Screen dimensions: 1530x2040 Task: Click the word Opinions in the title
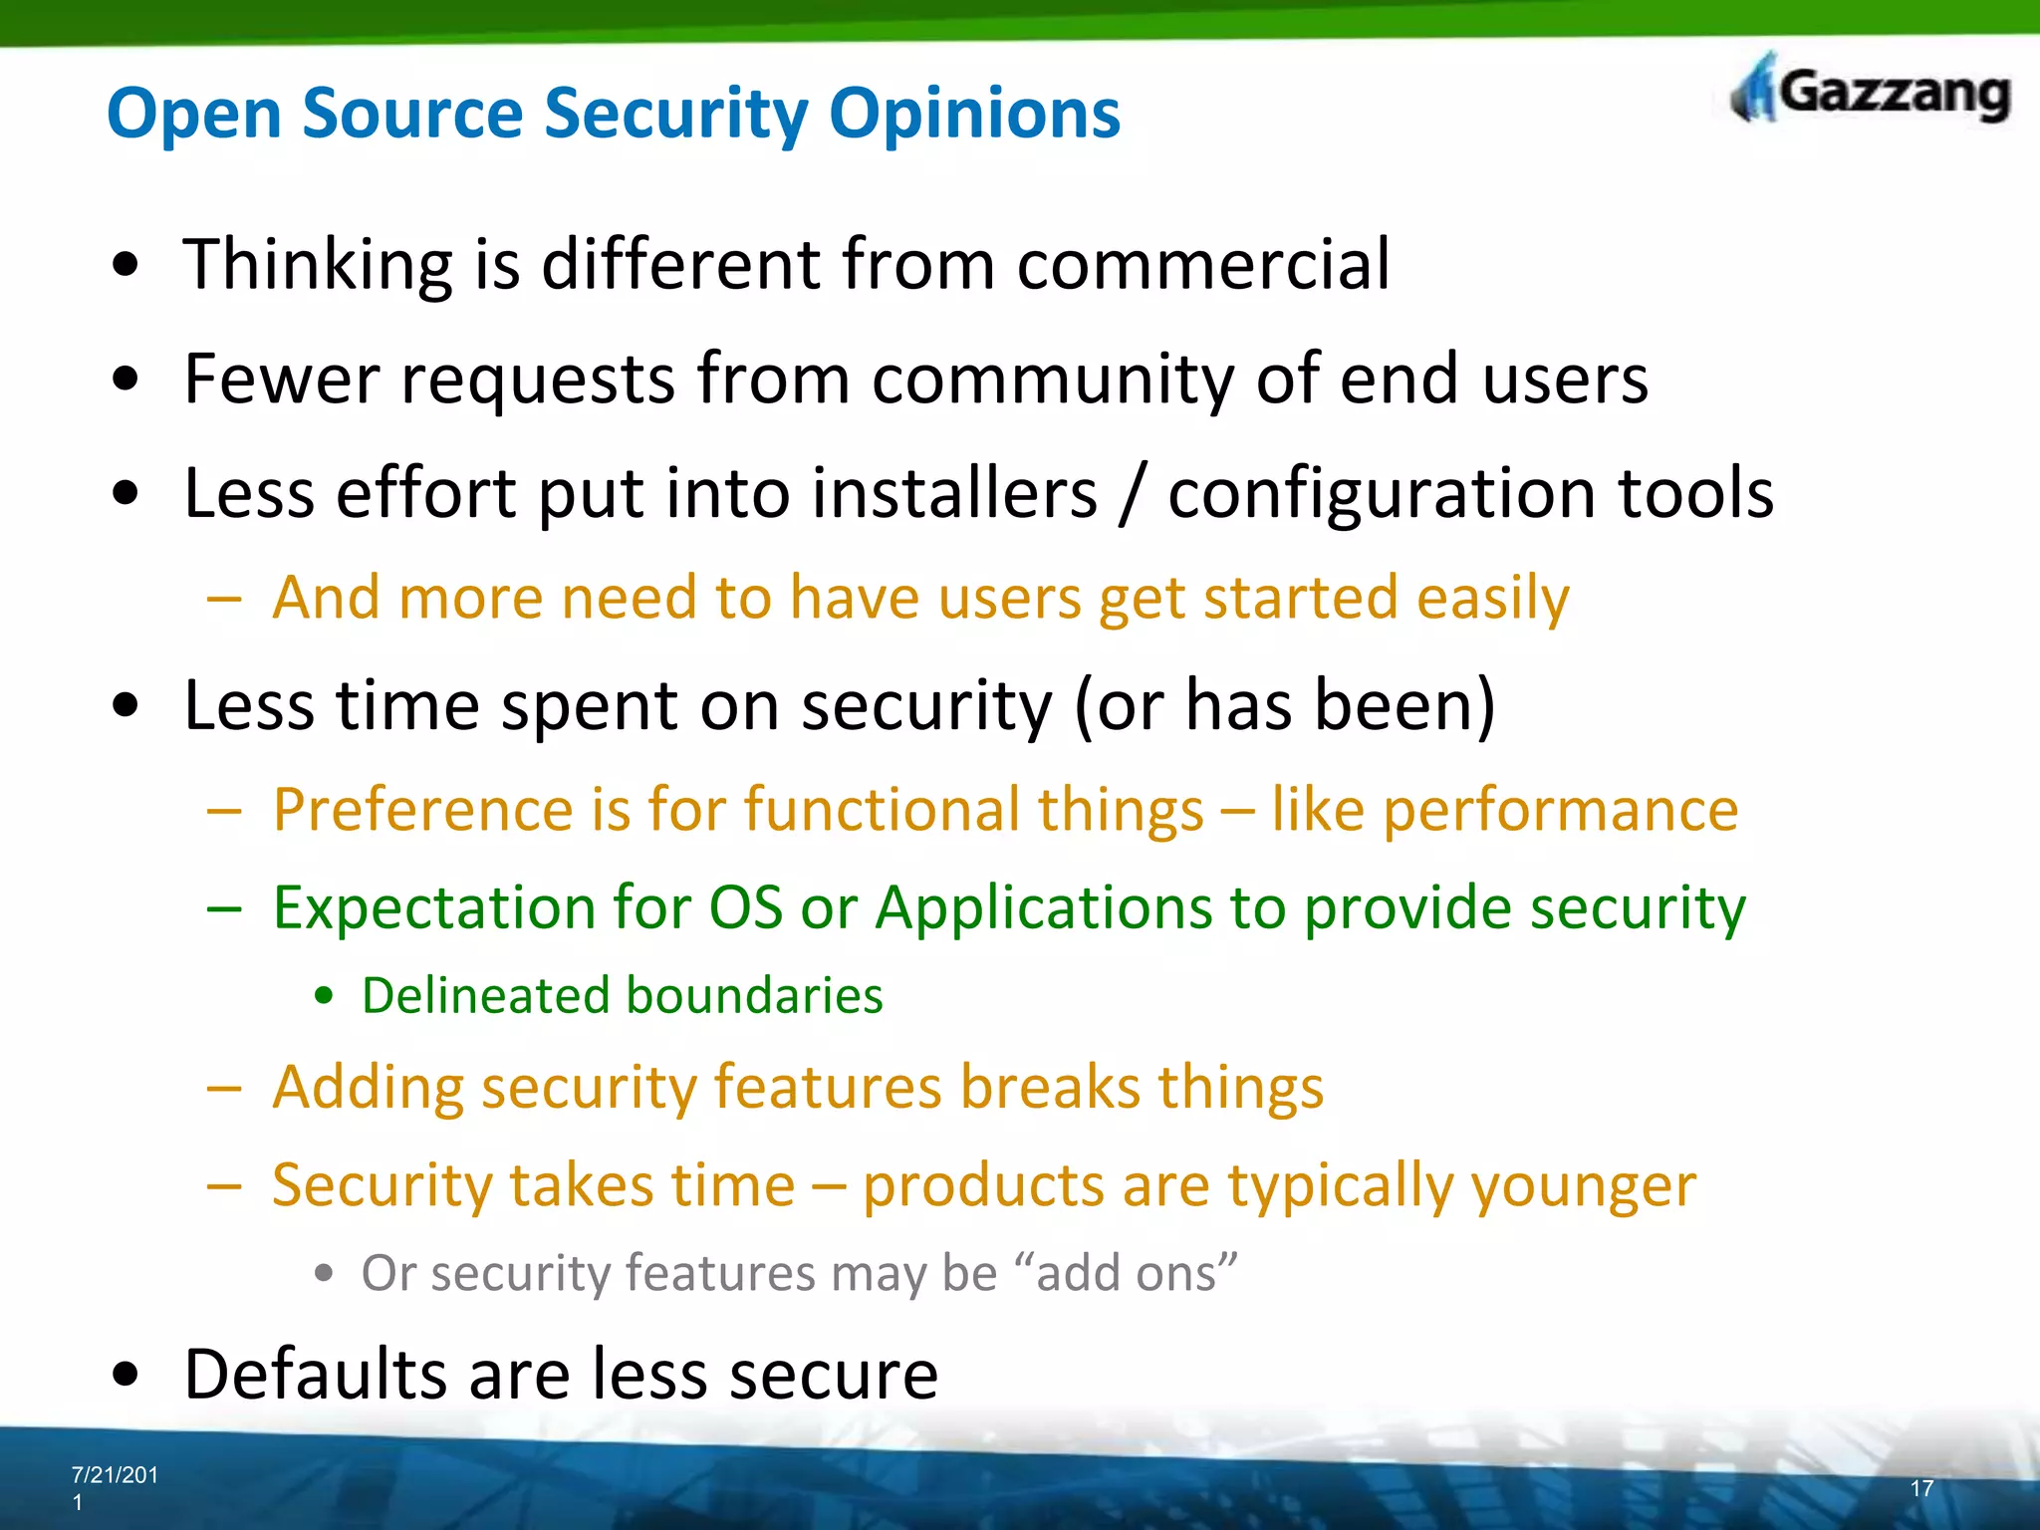(974, 114)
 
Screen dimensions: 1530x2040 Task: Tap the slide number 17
(1921, 1488)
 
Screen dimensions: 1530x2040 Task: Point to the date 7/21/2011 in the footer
(114, 1487)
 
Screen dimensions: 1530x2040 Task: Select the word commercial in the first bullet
(1202, 265)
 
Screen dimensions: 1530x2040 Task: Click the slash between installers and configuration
(1131, 494)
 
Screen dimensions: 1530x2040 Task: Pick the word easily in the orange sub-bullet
(1492, 599)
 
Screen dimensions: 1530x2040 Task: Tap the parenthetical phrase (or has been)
(1285, 705)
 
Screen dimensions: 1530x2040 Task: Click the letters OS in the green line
(745, 907)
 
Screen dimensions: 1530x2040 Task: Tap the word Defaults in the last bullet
(316, 1375)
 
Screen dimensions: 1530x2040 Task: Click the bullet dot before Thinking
(126, 266)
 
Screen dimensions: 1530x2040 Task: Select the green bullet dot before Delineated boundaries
(323, 996)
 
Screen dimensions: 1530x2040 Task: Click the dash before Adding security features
(224, 1088)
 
